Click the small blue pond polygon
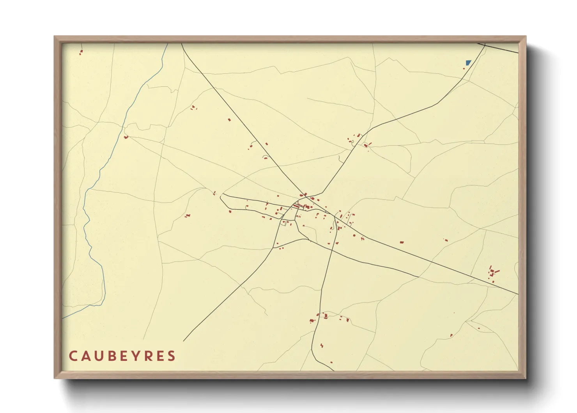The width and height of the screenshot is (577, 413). [468, 62]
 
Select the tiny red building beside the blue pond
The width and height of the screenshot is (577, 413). [464, 69]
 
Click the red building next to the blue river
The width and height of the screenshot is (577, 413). [126, 137]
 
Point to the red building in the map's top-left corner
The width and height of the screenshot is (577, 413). [81, 52]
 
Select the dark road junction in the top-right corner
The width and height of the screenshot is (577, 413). [485, 45]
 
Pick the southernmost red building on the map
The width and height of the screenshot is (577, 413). [331, 363]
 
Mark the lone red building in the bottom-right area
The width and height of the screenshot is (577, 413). [451, 335]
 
